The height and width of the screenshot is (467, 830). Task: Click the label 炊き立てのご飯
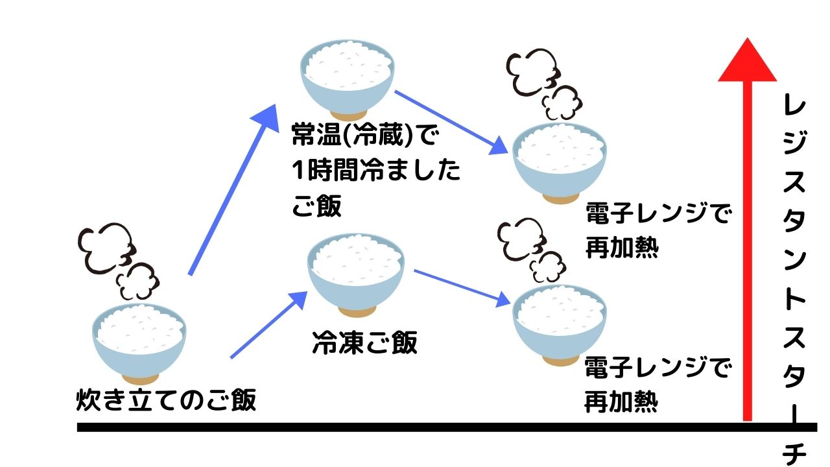(x=166, y=400)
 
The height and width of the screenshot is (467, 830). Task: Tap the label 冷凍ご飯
(x=365, y=342)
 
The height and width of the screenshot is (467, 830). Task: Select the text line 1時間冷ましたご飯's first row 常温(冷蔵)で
(x=365, y=134)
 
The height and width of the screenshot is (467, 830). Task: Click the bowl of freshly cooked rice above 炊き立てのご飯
(x=139, y=344)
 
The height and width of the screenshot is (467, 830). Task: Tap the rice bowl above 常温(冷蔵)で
(x=347, y=80)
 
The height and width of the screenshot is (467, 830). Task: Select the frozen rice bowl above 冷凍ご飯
(x=356, y=275)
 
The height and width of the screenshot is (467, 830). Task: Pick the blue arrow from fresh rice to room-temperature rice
(x=233, y=190)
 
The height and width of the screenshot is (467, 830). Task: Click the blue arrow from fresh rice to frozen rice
(x=268, y=325)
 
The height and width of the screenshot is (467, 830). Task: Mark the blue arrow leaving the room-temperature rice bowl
(x=451, y=123)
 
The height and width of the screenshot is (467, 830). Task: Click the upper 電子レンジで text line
(x=659, y=213)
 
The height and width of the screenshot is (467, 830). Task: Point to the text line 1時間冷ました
(x=376, y=170)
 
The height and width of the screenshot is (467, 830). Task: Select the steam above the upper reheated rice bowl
(x=544, y=84)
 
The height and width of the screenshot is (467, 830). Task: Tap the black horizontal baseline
(x=447, y=427)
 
